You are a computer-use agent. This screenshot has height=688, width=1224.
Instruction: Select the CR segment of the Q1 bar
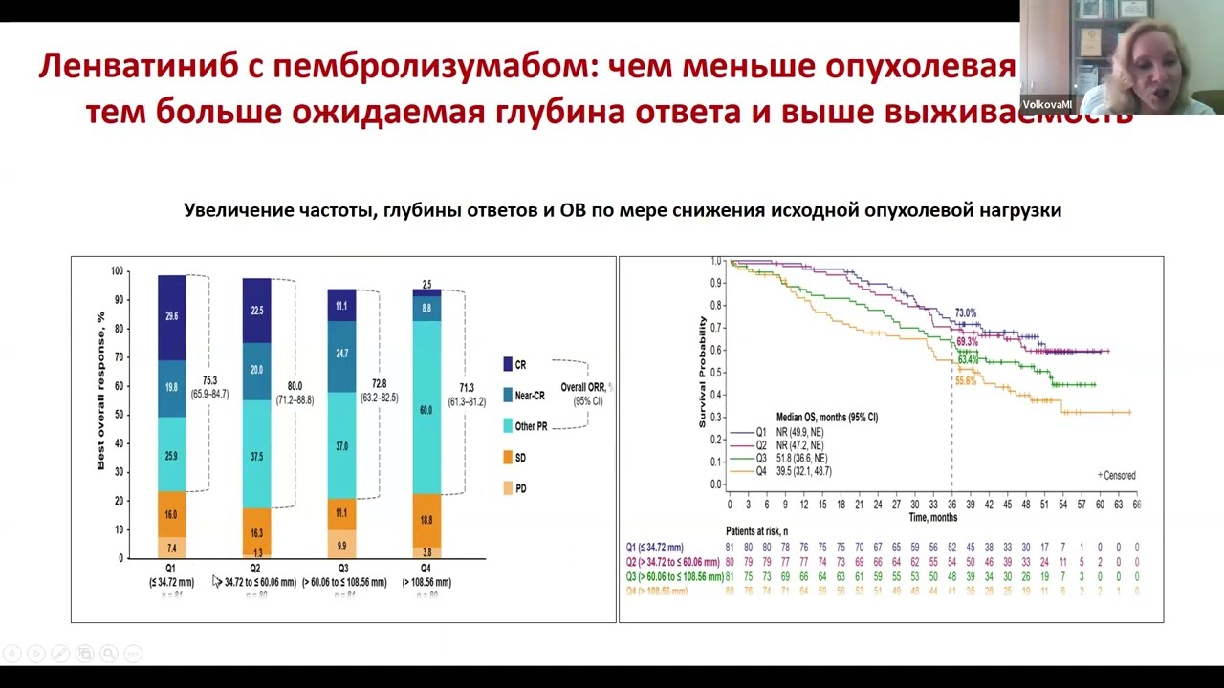171,316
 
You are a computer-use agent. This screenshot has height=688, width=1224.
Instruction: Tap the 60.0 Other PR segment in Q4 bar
426,410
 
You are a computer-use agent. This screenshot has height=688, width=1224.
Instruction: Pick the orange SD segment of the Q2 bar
255,532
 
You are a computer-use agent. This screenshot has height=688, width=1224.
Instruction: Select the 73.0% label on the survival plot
966,313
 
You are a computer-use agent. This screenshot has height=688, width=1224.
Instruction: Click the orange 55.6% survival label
966,380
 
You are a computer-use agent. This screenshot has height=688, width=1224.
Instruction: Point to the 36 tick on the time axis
951,504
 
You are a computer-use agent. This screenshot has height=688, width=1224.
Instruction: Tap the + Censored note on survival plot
1116,475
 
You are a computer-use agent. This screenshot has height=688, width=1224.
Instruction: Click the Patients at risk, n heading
762,530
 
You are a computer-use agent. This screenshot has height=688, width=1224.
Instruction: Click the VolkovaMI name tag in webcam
1047,104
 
